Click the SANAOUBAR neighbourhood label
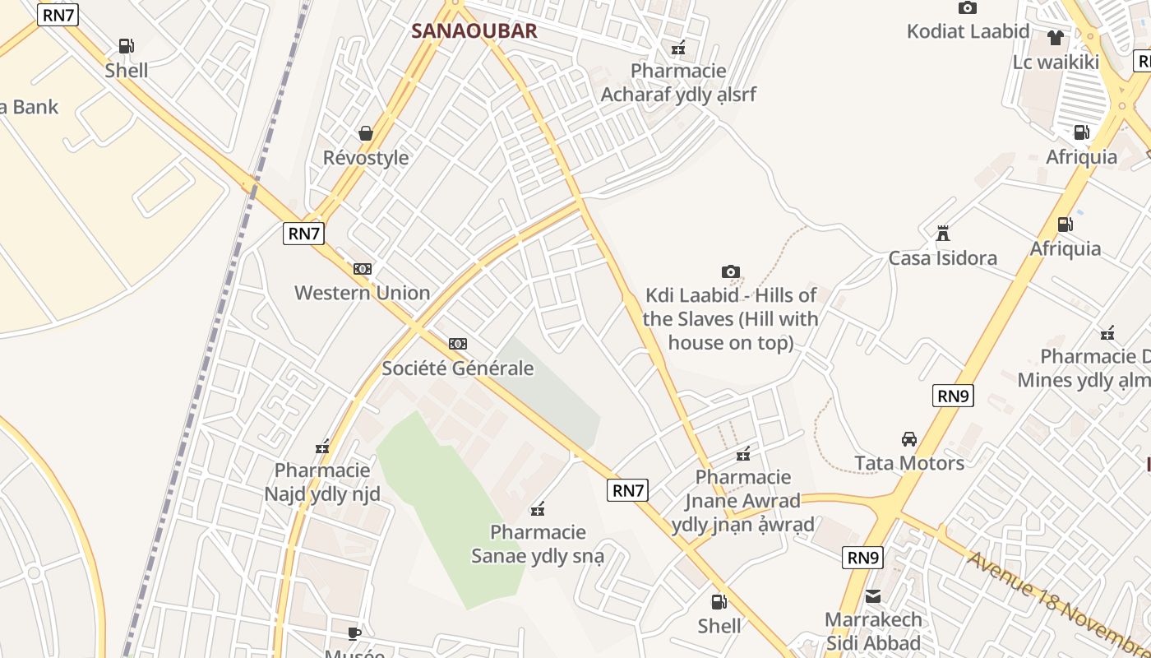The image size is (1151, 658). pyautogui.click(x=474, y=31)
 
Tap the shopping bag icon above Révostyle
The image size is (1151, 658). pyautogui.click(x=366, y=133)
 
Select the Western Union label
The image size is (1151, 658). pyautogui.click(x=362, y=293)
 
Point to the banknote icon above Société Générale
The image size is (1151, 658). pyautogui.click(x=458, y=344)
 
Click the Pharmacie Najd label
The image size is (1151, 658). pyautogui.click(x=322, y=482)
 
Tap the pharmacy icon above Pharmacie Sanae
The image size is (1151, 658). pyautogui.click(x=539, y=510)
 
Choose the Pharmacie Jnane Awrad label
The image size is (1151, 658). pyautogui.click(x=743, y=500)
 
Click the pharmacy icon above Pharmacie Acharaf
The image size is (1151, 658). pyautogui.click(x=678, y=49)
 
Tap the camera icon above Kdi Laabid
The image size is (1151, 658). pyautogui.click(x=730, y=272)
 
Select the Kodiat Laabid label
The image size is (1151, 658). pyautogui.click(x=968, y=31)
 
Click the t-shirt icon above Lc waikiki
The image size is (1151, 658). pyautogui.click(x=1056, y=38)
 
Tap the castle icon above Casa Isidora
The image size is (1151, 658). pyautogui.click(x=943, y=234)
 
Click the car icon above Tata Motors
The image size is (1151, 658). pyautogui.click(x=909, y=439)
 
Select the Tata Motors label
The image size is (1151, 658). pyautogui.click(x=909, y=463)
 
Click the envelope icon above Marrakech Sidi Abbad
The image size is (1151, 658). pyautogui.click(x=873, y=596)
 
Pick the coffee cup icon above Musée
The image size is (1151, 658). pyautogui.click(x=354, y=633)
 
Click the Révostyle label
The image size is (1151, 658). pyautogui.click(x=366, y=157)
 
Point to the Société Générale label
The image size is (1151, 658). pyautogui.click(x=458, y=368)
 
